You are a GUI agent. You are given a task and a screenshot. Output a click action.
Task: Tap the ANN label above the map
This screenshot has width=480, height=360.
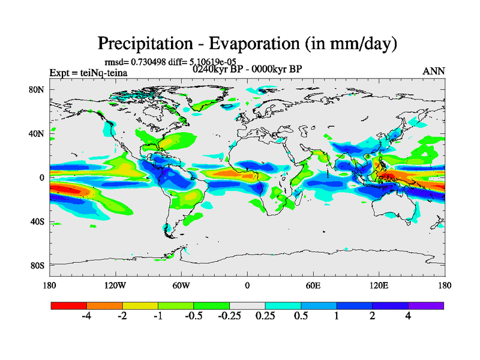pos(434,71)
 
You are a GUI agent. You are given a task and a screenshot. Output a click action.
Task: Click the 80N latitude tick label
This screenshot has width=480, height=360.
pos(38,89)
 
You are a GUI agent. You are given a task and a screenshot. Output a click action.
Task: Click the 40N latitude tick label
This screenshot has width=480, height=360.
pos(38,133)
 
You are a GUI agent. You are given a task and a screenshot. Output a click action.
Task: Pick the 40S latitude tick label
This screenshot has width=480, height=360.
pos(38,221)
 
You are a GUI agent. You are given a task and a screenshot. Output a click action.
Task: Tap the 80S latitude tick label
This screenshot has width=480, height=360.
pos(38,265)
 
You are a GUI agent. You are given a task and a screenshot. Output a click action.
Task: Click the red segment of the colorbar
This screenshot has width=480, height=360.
pos(69,305)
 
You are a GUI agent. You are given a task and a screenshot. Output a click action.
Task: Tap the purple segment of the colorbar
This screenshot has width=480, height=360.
pos(426,305)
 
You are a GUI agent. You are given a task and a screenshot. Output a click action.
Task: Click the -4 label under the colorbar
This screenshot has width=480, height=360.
pos(86,316)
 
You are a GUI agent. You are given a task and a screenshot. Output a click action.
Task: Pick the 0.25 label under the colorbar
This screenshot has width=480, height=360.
pos(265,316)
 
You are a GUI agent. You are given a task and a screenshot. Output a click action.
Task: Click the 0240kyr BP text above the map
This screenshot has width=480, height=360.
pos(217,69)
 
